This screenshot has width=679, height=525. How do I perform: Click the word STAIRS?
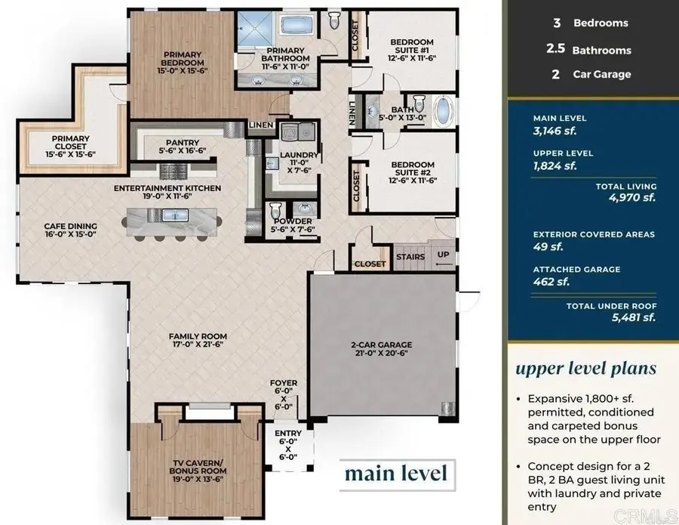pos(410,257)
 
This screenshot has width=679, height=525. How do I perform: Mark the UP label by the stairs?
pos(443,255)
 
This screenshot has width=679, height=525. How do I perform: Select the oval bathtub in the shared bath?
pos(445,112)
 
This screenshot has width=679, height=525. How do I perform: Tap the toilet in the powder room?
pos(275,208)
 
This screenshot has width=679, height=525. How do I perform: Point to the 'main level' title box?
pos(395,474)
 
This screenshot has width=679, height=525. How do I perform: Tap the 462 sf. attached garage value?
pos(551,281)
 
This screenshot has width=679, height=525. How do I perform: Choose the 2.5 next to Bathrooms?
pos(555,50)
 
